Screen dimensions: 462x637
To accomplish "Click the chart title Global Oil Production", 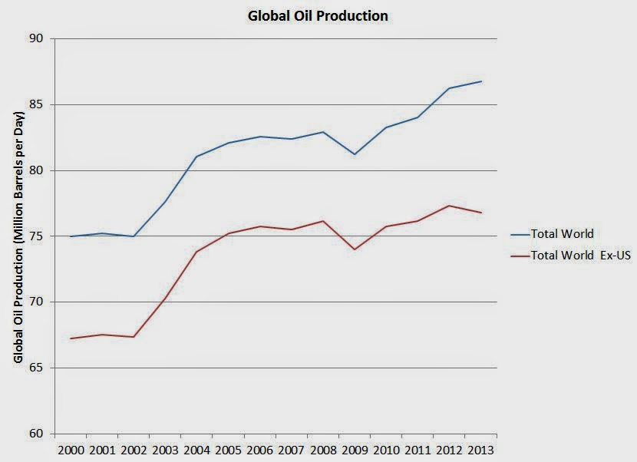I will click(x=317, y=15).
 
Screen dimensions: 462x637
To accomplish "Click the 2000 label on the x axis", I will click(x=70, y=449).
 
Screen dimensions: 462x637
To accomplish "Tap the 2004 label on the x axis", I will click(x=196, y=449).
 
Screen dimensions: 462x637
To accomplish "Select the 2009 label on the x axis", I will click(x=355, y=449).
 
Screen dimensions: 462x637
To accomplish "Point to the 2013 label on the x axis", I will click(x=481, y=449).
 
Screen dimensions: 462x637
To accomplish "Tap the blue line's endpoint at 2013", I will click(x=481, y=81).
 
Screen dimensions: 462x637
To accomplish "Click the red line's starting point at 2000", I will click(x=70, y=338).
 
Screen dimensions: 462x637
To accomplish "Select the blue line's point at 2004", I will click(x=196, y=157).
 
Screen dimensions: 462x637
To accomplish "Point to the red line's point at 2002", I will click(x=134, y=337).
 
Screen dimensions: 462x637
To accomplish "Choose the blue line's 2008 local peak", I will click(x=323, y=132).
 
